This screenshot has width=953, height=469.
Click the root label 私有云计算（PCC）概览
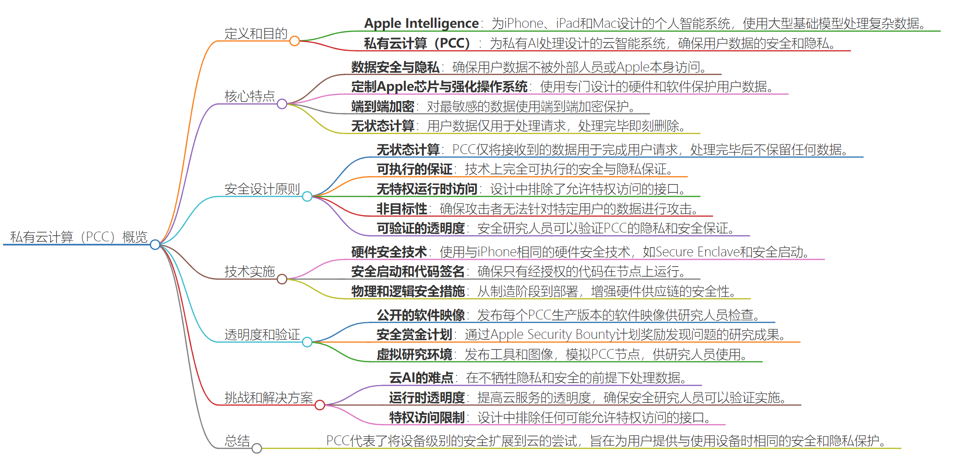[x=79, y=237]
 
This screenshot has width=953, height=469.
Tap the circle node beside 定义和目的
[x=295, y=41]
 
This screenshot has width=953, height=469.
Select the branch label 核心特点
[x=250, y=96]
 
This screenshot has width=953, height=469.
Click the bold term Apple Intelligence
[x=421, y=23]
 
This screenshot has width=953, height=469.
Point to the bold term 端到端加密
[x=382, y=106]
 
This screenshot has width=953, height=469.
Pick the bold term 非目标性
[x=401, y=209]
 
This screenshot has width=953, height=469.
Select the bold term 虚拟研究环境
[x=414, y=354]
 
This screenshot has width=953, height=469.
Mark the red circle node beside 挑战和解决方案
[x=320, y=405]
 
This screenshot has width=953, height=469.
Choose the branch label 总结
[x=237, y=441]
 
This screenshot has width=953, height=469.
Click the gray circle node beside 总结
[x=257, y=448]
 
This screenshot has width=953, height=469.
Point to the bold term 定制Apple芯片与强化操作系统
[x=439, y=86]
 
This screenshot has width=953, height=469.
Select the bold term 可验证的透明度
[x=420, y=228]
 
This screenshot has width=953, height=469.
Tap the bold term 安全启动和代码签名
[x=408, y=271]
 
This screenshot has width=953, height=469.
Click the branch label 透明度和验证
[x=262, y=334]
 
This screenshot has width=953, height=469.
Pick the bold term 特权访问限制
[x=427, y=417]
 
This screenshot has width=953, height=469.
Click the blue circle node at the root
[x=155, y=244]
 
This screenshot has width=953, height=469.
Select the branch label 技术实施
[x=250, y=271]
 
